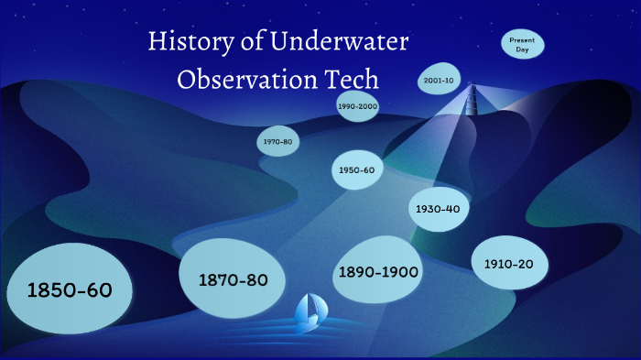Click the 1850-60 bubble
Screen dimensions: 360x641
(x=69, y=289)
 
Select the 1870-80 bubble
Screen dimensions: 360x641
(x=233, y=279)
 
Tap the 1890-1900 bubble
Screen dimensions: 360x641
(x=378, y=271)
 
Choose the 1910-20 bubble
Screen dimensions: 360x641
(x=509, y=264)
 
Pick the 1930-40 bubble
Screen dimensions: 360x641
(x=437, y=209)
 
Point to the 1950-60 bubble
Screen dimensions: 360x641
(x=356, y=170)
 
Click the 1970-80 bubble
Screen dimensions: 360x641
(x=277, y=142)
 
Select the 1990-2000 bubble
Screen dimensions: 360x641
(x=357, y=107)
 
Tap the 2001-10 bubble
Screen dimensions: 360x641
(x=439, y=81)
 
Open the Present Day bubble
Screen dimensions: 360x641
(x=522, y=45)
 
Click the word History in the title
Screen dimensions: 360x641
(x=191, y=43)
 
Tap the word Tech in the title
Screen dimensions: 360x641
(x=353, y=80)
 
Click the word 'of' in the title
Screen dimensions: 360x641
(x=253, y=43)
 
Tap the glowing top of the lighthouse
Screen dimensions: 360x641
(x=474, y=89)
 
